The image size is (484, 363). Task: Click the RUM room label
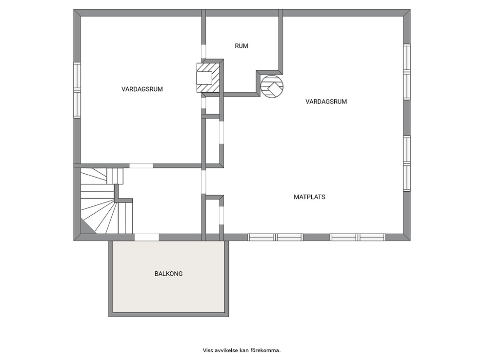pyautogui.click(x=242, y=46)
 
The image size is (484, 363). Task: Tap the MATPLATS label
pyautogui.click(x=309, y=197)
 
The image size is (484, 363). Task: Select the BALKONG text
pyautogui.click(x=168, y=274)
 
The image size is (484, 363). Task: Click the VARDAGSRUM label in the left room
pyautogui.click(x=142, y=89)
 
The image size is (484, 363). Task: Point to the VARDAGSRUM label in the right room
pyautogui.click(x=326, y=101)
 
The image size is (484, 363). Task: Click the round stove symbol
pyautogui.click(x=272, y=87)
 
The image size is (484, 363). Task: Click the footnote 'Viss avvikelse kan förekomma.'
pyautogui.click(x=242, y=350)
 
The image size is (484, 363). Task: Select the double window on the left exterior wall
pyautogui.click(x=77, y=90)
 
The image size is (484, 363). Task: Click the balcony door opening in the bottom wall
pyautogui.click(x=147, y=238)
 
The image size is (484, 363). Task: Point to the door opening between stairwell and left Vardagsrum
pyautogui.click(x=141, y=166)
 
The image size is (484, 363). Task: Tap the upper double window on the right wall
pyautogui.click(x=407, y=72)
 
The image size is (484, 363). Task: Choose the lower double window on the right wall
pyautogui.click(x=407, y=163)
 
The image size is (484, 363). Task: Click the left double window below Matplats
pyautogui.click(x=275, y=238)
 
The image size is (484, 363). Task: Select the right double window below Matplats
pyautogui.click(x=358, y=238)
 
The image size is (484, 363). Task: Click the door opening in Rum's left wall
pyautogui.click(x=203, y=52)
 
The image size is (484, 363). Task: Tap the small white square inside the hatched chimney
pyautogui.click(x=204, y=78)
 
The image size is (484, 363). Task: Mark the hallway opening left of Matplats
pyautogui.click(x=203, y=182)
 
